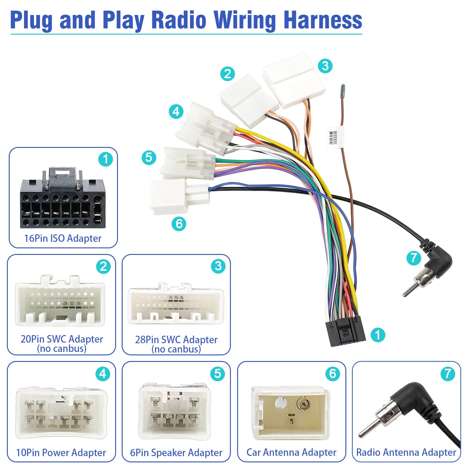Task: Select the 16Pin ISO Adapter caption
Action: click(x=63, y=238)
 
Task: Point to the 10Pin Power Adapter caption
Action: click(x=61, y=452)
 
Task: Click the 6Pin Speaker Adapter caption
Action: click(x=176, y=452)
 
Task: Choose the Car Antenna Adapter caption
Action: click(x=291, y=452)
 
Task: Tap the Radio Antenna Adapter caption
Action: click(x=406, y=452)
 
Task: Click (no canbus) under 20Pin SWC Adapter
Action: click(x=61, y=349)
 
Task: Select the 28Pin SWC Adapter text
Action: click(x=176, y=339)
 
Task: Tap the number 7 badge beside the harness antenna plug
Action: click(x=414, y=258)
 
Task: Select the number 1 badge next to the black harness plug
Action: click(x=378, y=335)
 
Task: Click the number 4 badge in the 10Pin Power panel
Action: click(x=103, y=374)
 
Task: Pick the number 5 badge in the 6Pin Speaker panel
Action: click(x=218, y=374)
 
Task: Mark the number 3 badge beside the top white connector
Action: click(x=325, y=66)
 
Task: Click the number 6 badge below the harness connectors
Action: click(x=179, y=224)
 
